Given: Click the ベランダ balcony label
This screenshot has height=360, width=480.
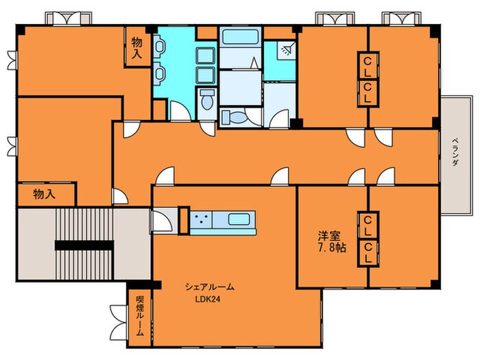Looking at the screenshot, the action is coord(455,152).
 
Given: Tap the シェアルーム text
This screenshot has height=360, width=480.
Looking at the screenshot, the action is coord(210,287).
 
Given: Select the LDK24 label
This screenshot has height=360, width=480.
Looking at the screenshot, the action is coord(208,300).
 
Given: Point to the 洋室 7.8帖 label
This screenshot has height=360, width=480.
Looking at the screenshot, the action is coord(331,241).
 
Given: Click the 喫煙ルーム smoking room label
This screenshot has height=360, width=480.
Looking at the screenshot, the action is coord(140,316).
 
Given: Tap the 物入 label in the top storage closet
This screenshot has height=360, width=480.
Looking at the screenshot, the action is coord(137,48).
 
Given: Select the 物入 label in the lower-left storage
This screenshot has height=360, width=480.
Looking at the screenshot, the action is coord(45,194).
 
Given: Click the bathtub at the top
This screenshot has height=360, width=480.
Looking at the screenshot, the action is coord(241,36).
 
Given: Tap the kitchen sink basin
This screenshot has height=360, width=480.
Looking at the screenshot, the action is coord(239,219).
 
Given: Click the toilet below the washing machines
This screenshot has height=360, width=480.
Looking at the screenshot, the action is coord(207,99).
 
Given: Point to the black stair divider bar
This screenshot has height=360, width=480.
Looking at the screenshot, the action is coord(84,245).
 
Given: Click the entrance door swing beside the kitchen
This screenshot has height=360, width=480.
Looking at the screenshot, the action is coord(163,221).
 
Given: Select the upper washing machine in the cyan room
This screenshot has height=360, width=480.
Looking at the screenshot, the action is coord(206,56).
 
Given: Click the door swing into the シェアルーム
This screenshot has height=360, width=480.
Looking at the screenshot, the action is coord(165,176).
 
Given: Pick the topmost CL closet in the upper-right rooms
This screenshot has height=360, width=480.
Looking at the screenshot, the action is coord(368,67).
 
